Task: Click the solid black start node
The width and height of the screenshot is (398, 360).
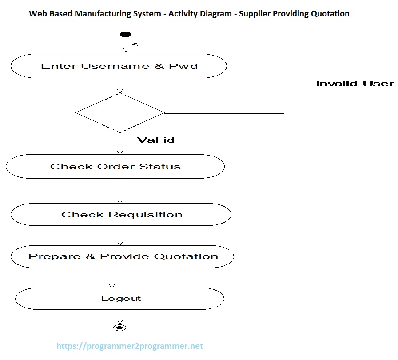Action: pyautogui.click(x=126, y=35)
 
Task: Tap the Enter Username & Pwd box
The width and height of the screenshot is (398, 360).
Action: pyautogui.click(x=119, y=66)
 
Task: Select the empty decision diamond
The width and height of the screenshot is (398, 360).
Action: pyautogui.click(x=120, y=112)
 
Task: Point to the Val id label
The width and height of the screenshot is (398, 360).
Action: pyautogui.click(x=155, y=140)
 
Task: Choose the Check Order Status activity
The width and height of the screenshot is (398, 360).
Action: pyautogui.click(x=115, y=167)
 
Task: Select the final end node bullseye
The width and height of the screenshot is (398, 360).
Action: pyautogui.click(x=120, y=328)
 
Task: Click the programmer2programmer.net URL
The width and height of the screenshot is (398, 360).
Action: pyautogui.click(x=130, y=346)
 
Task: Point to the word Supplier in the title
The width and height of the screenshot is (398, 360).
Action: pyautogui.click(x=254, y=14)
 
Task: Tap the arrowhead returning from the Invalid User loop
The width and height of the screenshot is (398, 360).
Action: pyautogui.click(x=134, y=44)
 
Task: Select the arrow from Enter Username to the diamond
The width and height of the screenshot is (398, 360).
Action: pyautogui.click(x=120, y=86)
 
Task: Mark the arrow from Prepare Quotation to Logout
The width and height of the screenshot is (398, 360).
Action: pyautogui.click(x=112, y=278)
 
